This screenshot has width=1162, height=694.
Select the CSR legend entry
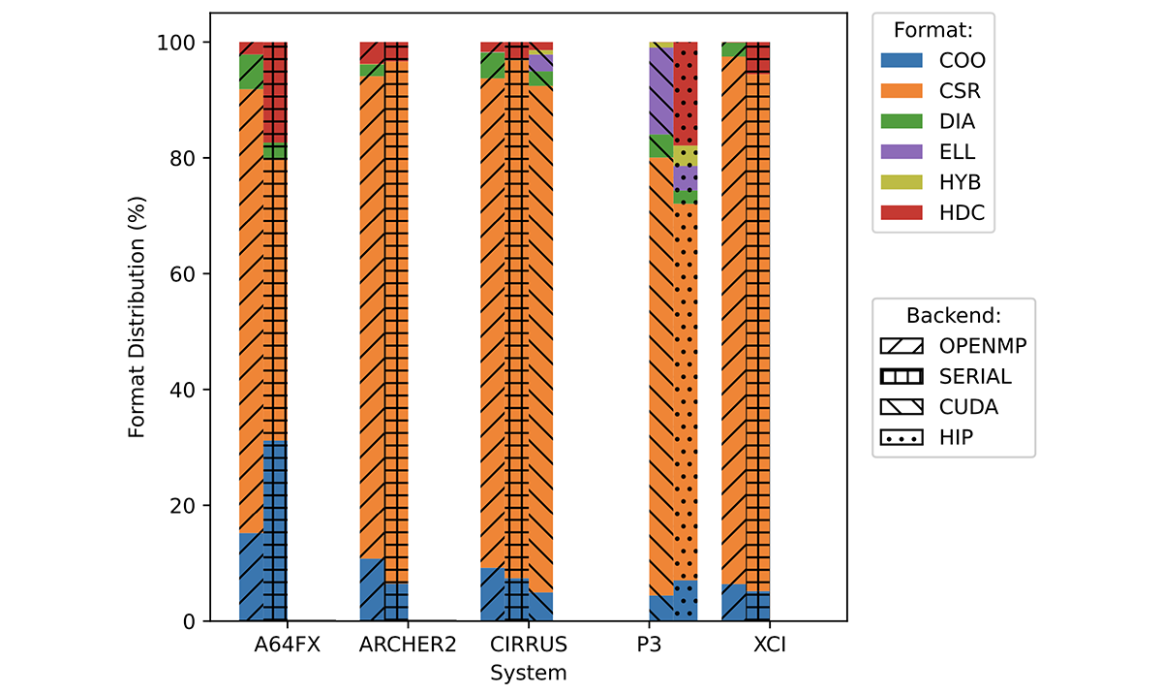click(x=959, y=91)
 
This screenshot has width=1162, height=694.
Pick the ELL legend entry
click(x=957, y=152)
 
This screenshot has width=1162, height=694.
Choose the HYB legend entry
click(x=959, y=183)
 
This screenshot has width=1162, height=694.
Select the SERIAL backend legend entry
click(x=974, y=376)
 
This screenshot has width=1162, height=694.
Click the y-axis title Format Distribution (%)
click(x=139, y=317)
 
